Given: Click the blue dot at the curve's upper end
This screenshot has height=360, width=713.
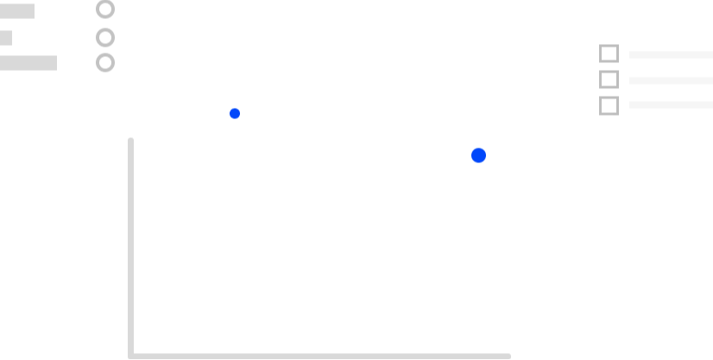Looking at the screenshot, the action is click(478, 155).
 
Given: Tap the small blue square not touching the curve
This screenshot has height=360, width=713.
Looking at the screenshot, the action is click(235, 113).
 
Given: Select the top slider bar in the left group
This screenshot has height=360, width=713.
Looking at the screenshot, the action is click(42, 11).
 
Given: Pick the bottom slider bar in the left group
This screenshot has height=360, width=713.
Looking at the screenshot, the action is click(42, 63).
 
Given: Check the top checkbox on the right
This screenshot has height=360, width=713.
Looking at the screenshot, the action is click(607, 55).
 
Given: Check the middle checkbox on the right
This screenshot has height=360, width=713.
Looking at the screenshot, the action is click(607, 81).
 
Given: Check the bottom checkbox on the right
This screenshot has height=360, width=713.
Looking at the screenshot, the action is click(607, 106).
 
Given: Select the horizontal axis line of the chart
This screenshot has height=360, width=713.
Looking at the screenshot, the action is click(319, 356).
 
